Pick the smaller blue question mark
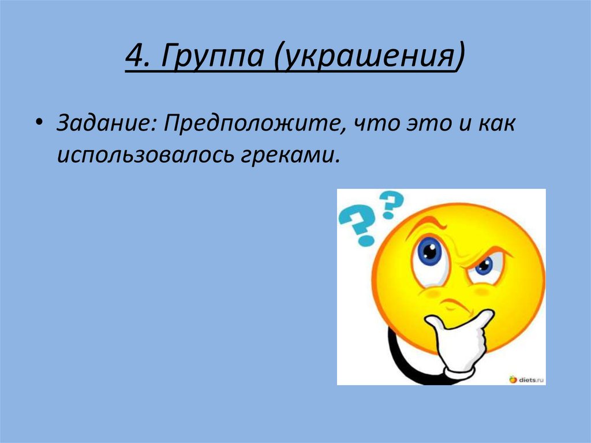(x=391, y=203)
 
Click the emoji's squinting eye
(x=485, y=266)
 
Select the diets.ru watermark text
(x=531, y=379)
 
